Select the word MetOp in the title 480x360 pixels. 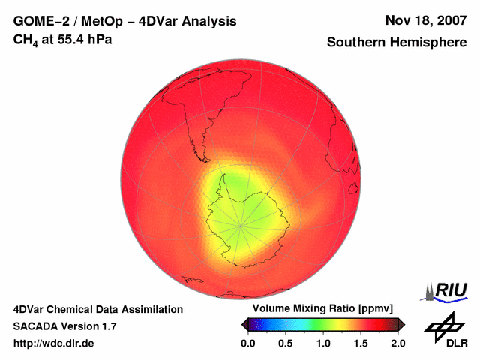(x=93, y=21)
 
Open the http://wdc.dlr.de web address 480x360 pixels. (x=53, y=343)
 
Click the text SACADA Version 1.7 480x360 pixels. (x=64, y=326)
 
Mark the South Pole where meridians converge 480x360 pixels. (x=241, y=223)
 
